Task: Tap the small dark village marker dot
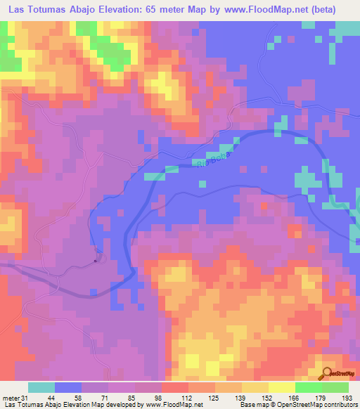pos(96,261)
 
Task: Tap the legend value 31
pos(26,398)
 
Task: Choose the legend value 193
pos(347,398)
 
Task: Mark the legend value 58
pos(67,398)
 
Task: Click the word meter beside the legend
pos(11,398)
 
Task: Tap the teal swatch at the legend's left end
pos(41,388)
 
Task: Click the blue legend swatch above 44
pos(68,388)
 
